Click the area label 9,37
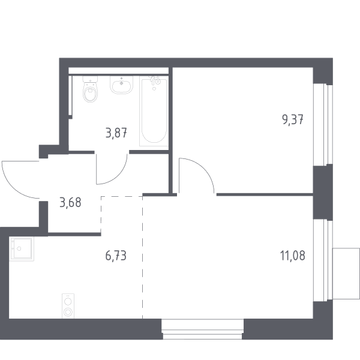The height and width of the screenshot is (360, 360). pos(293,120)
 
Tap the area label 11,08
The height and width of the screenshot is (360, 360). pos(293,256)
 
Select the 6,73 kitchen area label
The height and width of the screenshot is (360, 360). pos(116,256)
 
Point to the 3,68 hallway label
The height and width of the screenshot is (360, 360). pos(70,203)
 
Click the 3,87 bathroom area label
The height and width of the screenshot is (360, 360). pos(116,133)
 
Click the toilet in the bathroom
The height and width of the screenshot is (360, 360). pos(91,89)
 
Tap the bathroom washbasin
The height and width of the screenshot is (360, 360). pos(121,85)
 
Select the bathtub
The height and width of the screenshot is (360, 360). pos(154,111)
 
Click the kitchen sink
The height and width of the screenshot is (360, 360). pos(22,248)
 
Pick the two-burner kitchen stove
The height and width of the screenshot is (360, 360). pos(68,306)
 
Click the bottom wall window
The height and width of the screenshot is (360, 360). pos(202,329)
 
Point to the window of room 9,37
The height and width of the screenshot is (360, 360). pos(323,124)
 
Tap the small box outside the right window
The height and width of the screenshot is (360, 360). pos(346,274)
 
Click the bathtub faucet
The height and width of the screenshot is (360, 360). pos(155,82)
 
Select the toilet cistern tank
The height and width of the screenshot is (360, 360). pos(91,79)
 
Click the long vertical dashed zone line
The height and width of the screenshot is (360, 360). pos(142,257)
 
